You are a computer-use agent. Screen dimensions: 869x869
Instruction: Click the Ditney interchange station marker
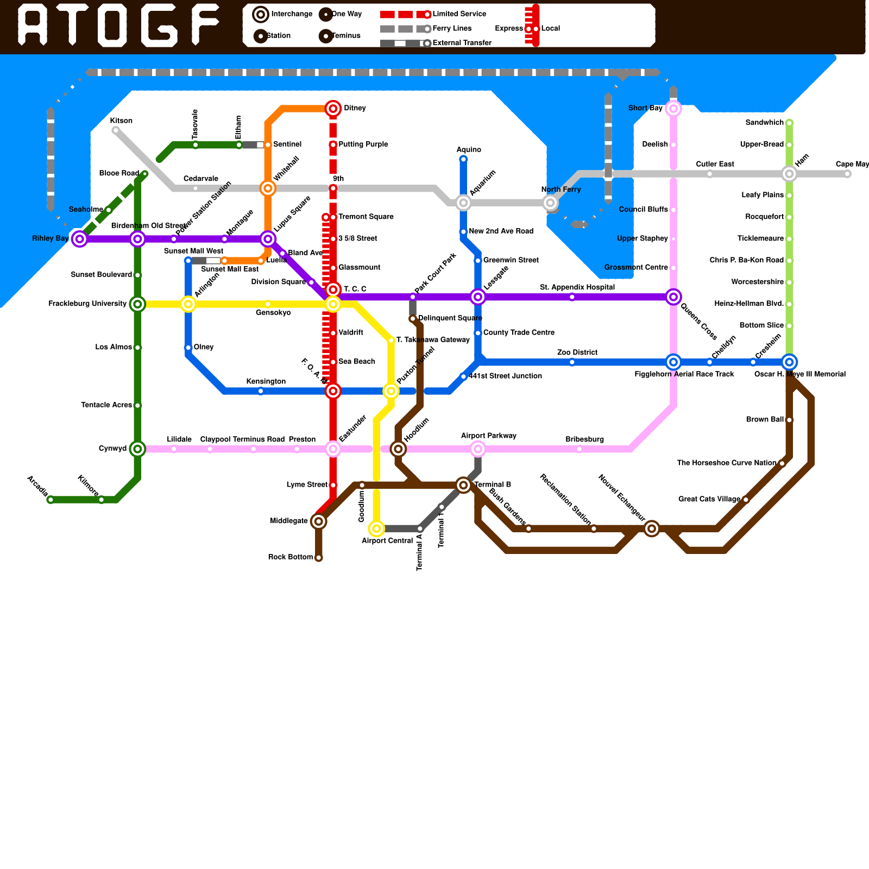tap(333, 109)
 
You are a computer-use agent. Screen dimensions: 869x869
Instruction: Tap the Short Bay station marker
tap(673, 109)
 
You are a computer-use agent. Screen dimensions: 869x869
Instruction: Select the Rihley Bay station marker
tap(80, 238)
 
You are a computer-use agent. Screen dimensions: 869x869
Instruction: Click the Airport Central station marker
tap(376, 528)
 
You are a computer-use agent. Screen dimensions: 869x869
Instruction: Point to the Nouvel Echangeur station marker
tap(652, 528)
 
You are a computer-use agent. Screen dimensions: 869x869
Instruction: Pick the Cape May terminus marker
tap(847, 174)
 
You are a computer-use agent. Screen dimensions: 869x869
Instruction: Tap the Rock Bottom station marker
tap(319, 558)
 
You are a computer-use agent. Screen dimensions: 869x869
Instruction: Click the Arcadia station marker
tap(51, 500)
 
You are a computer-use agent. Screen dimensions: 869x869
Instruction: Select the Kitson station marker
tap(115, 130)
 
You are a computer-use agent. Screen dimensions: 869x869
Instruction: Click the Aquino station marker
tap(463, 159)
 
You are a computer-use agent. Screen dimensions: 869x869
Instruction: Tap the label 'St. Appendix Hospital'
tap(577, 287)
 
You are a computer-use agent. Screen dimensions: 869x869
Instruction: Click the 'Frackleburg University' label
tap(87, 304)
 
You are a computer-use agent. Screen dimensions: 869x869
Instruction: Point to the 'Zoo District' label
tap(577, 352)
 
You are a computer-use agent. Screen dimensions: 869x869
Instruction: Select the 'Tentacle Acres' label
tap(106, 405)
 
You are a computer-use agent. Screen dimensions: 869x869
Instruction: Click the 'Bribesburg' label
tap(584, 439)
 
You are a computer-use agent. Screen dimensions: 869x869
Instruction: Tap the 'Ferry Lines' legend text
tap(452, 28)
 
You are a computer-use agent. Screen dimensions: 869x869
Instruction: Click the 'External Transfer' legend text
tap(462, 43)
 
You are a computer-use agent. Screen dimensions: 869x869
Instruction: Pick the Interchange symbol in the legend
tap(261, 14)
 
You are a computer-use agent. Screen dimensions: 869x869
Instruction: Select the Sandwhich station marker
tap(789, 123)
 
